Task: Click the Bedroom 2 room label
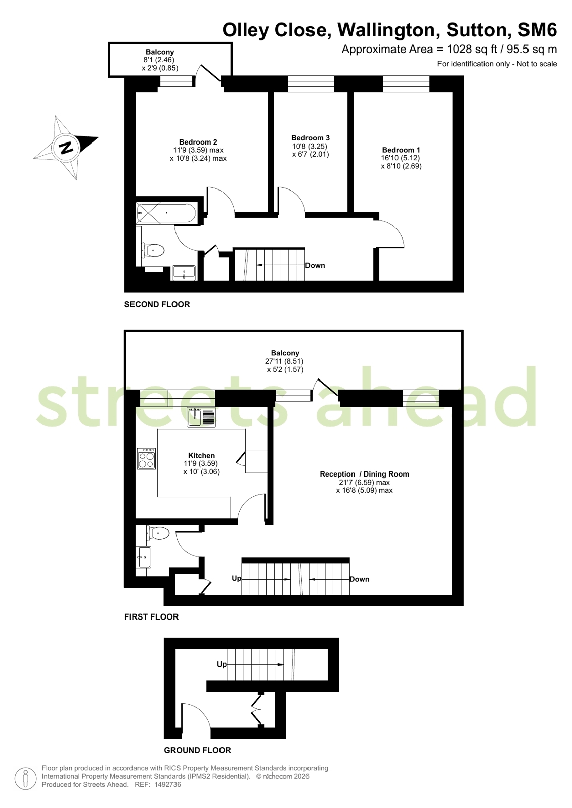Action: coord(198,142)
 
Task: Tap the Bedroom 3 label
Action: coord(311,138)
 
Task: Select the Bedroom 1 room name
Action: coord(401,150)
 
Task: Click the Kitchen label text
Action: coord(201,456)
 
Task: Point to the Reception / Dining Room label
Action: coord(364,474)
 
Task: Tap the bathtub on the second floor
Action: coord(166,213)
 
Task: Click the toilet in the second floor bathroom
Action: coord(153,250)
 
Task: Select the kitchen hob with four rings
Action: coord(146,458)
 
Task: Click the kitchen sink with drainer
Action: coord(201,417)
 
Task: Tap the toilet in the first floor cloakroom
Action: coord(158,533)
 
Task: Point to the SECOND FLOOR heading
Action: coord(157,304)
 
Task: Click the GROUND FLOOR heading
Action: coord(198,750)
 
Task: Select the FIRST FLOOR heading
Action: coord(152,617)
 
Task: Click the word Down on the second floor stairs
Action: coord(315,265)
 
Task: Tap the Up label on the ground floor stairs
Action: coord(222,664)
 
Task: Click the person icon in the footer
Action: coord(26,779)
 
